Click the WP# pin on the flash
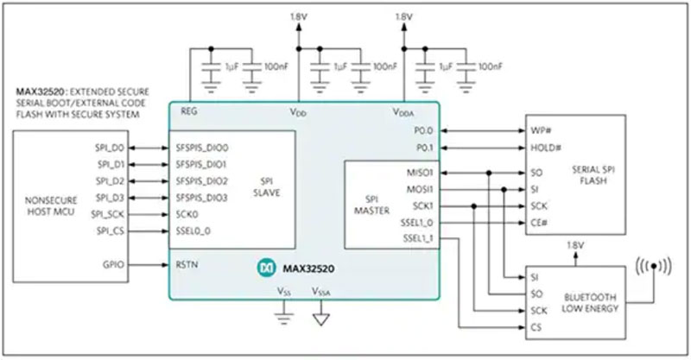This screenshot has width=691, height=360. [541, 130]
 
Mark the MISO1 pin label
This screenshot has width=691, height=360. [418, 173]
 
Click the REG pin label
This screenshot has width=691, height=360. [188, 112]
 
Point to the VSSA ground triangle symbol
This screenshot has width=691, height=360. [322, 319]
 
